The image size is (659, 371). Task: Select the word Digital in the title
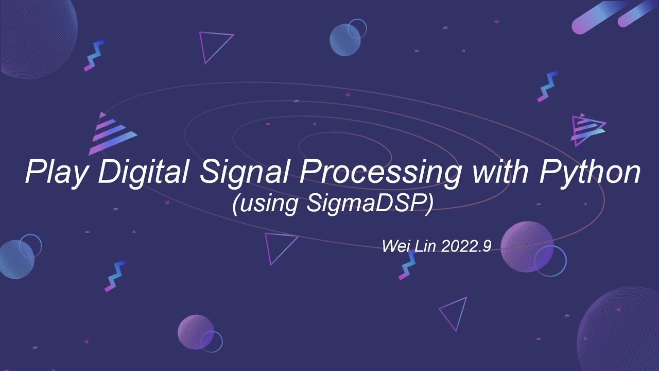(143, 173)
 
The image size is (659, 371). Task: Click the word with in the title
(499, 172)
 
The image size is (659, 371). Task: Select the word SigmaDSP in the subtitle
(369, 204)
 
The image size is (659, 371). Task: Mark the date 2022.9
(466, 246)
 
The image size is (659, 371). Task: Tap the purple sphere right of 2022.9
(526, 246)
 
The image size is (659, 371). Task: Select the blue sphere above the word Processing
(344, 39)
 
